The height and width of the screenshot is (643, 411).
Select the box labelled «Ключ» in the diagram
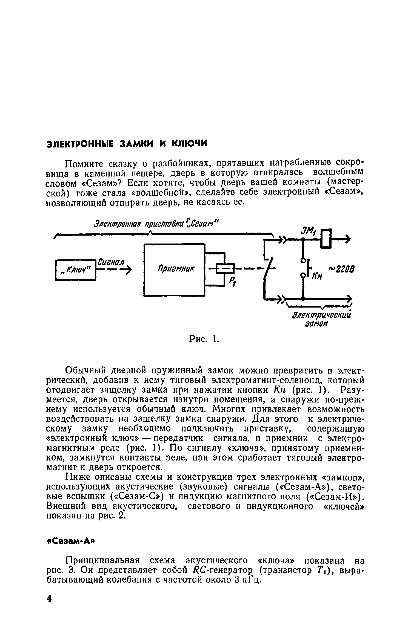(75, 270)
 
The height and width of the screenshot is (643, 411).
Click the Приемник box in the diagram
(174, 270)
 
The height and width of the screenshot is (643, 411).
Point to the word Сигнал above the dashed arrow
(111, 262)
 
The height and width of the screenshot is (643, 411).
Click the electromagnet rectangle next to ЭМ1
(326, 239)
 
